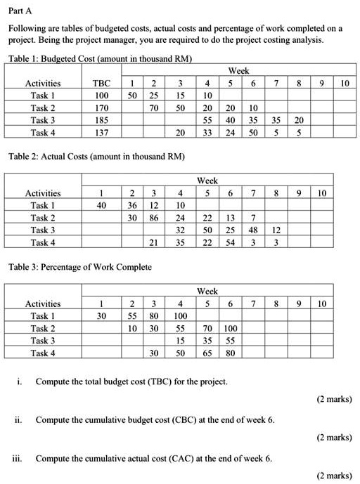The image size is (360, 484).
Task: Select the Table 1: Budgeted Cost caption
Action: pos(101,57)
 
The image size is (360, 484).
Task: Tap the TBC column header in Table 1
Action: pos(103,84)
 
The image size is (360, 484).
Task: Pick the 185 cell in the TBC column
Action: pos(103,120)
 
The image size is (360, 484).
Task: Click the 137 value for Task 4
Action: pos(103,132)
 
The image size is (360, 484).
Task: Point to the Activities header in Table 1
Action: pos(43,84)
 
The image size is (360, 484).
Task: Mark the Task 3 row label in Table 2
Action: pos(43,230)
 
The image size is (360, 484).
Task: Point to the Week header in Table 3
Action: pos(208,291)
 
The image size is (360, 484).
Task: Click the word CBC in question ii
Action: pos(169,420)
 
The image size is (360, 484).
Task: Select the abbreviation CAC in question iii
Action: pos(169,459)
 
